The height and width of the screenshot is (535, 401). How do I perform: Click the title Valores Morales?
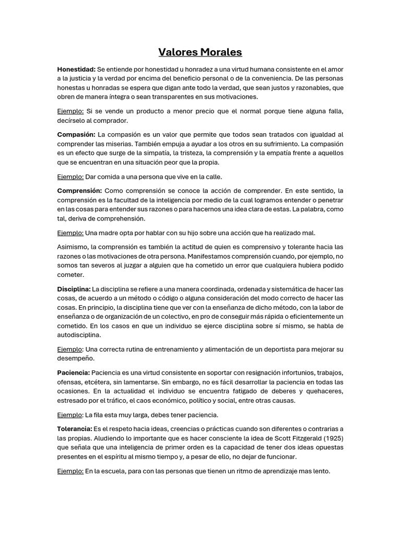200,52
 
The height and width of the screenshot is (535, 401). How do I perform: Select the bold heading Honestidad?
76,69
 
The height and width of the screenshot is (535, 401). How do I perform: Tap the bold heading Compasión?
76,134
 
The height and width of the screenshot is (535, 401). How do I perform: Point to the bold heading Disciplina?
74,288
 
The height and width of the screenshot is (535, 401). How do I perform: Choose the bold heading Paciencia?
74,373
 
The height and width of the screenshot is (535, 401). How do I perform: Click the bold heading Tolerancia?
75,428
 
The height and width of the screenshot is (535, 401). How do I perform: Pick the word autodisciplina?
79,335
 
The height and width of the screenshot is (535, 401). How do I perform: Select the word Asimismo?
73,247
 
